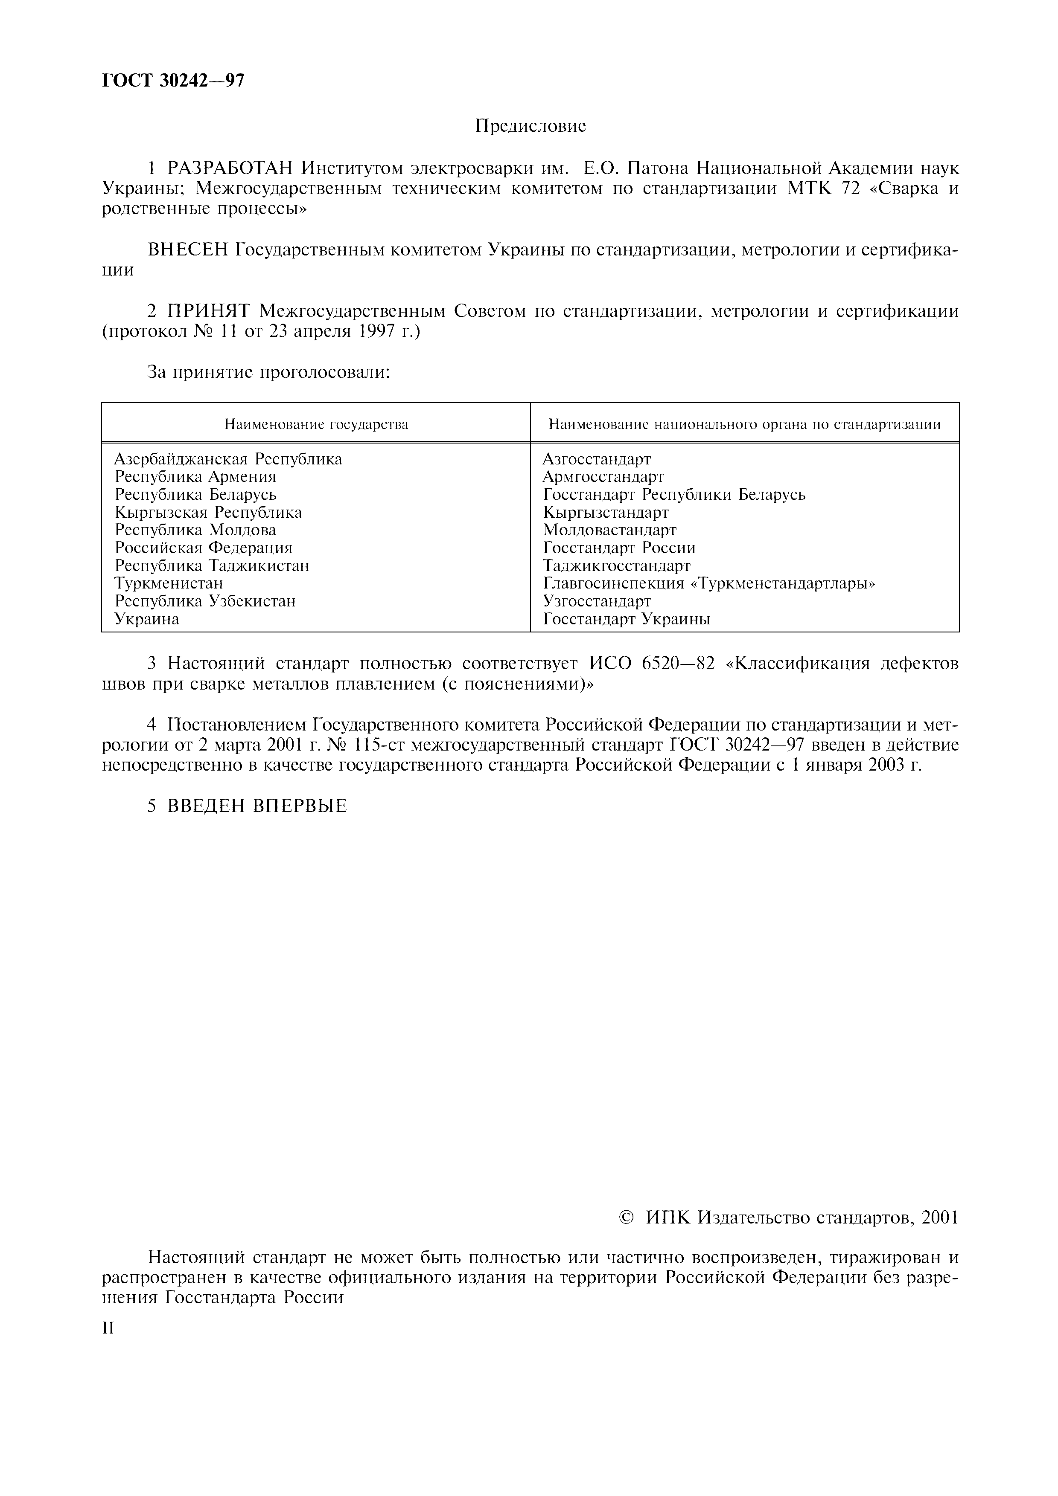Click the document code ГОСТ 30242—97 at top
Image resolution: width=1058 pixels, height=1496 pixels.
click(173, 80)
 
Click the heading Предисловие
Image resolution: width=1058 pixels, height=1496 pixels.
click(530, 126)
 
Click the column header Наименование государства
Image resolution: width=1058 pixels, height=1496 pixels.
click(316, 425)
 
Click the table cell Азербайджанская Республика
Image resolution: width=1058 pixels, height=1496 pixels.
click(228, 459)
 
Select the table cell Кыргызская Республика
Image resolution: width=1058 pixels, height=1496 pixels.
click(209, 513)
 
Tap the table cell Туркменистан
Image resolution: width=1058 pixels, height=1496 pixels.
click(169, 583)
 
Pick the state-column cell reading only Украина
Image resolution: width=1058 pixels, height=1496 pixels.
click(147, 619)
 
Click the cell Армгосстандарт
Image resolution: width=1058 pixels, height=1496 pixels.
click(603, 477)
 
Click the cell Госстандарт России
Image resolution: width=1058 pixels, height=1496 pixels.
click(619, 548)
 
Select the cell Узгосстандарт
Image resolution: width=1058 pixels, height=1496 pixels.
click(597, 601)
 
